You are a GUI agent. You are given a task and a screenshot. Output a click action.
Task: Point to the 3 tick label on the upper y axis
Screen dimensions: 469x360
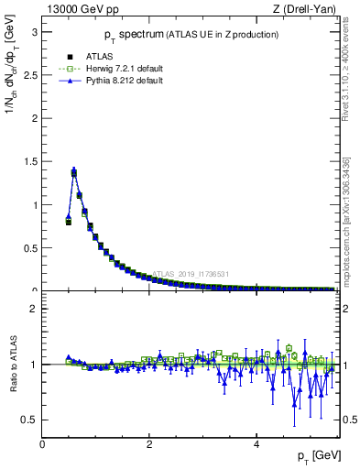(35, 31)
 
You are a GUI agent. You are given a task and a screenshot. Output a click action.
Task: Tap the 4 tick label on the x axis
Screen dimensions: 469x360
(256, 444)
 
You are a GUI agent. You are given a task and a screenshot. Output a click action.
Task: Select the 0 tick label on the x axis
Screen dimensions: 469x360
(42, 444)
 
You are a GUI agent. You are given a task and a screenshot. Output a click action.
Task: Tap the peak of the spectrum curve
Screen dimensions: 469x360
(73, 170)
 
